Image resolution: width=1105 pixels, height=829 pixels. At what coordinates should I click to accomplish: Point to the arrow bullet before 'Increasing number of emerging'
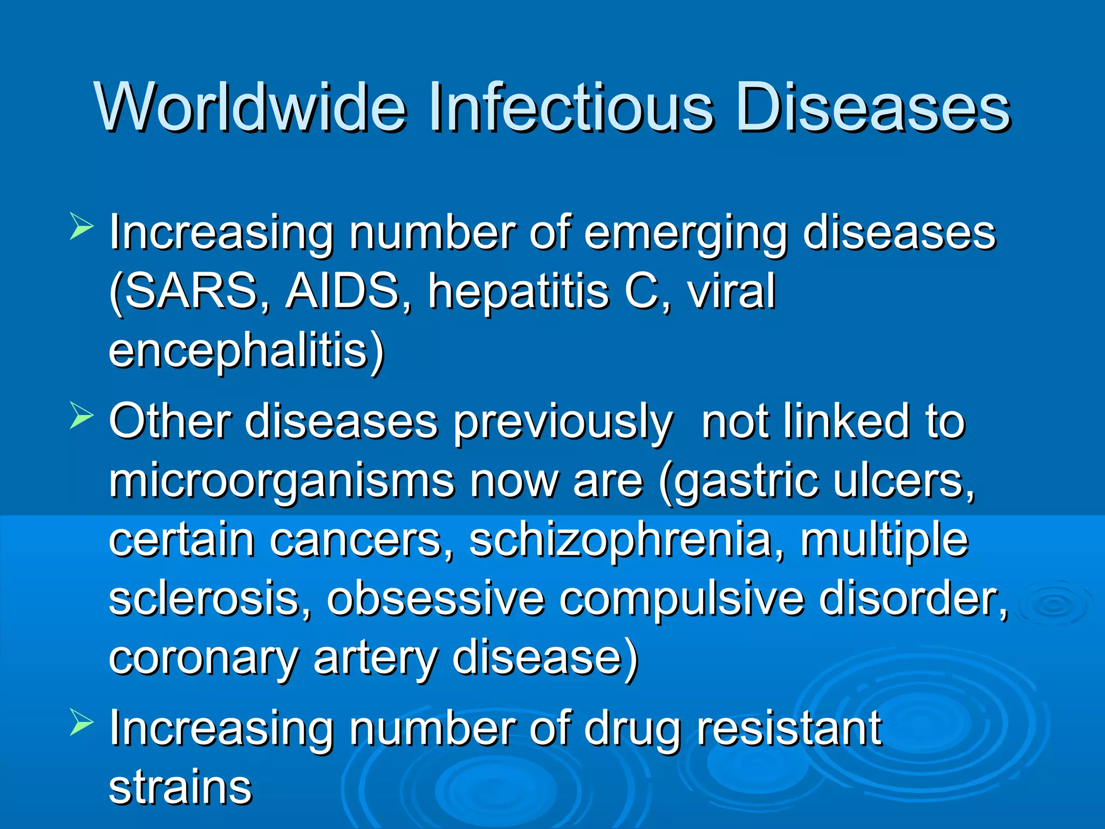[81, 227]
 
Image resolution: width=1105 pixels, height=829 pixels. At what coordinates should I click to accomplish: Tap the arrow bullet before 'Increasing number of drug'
[81, 724]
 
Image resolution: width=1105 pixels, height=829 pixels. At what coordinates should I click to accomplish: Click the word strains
[180, 787]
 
